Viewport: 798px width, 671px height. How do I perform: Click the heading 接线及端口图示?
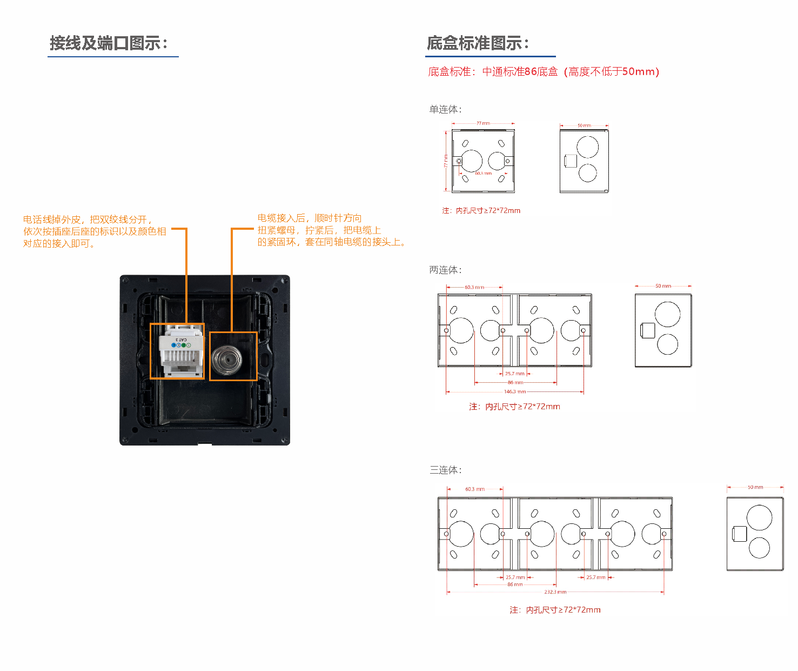tap(109, 43)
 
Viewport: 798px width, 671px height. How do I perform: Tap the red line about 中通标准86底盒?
tap(544, 72)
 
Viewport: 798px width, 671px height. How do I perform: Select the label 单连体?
tap(445, 110)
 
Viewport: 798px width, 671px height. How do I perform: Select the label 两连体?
tap(445, 270)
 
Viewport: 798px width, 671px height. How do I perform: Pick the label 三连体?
tap(445, 470)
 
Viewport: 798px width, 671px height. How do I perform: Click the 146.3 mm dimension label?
tap(514, 391)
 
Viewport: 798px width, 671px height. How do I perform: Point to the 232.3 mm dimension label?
tap(555, 592)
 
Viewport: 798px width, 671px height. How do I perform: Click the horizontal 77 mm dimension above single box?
tap(483, 123)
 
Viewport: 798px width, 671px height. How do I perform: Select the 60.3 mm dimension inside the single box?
tap(483, 174)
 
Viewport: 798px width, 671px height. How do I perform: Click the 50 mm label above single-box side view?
tap(584, 125)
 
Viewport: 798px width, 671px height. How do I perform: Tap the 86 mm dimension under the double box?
tap(515, 382)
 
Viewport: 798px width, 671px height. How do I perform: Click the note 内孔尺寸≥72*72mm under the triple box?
tap(555, 610)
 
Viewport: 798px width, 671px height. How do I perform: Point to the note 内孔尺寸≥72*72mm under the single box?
tap(481, 211)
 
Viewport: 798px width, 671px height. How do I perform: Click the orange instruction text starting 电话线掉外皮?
tap(95, 231)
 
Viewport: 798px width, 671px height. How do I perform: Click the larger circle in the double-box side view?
tap(667, 314)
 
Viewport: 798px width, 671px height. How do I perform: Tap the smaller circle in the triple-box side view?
tap(759, 548)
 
